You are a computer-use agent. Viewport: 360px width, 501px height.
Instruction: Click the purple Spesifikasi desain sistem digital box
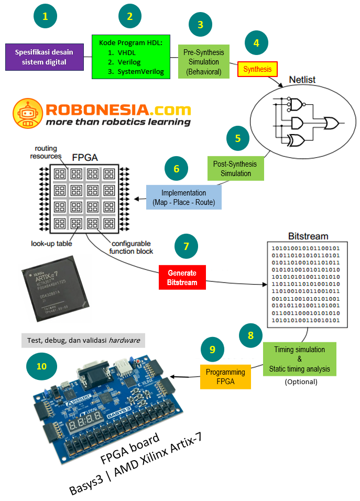tap(45, 57)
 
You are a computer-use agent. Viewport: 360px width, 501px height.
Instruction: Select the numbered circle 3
tap(200, 24)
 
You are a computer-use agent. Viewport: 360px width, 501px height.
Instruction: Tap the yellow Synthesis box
tap(257, 69)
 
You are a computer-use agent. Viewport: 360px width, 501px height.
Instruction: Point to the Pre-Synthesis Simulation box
tap(204, 62)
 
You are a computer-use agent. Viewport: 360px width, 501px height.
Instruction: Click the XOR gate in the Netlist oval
tap(297, 140)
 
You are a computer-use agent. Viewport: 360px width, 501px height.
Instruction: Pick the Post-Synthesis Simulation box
tap(236, 169)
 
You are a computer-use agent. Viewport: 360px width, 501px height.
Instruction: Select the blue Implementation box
tap(183, 197)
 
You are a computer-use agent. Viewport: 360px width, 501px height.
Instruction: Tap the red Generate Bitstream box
tap(182, 278)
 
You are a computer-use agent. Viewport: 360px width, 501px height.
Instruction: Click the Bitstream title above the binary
tap(308, 236)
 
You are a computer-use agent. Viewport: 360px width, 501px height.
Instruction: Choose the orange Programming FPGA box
tap(225, 376)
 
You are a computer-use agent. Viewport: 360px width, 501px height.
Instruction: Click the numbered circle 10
tap(42, 366)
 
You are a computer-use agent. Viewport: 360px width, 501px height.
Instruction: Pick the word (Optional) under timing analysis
tap(301, 382)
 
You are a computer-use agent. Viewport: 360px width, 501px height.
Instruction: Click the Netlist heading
tap(302, 80)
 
